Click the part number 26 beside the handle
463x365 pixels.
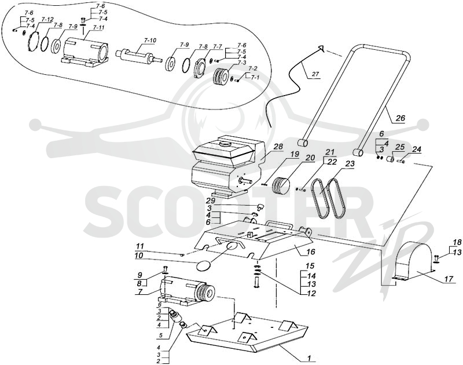click(400, 118)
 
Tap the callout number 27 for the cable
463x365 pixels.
click(315, 74)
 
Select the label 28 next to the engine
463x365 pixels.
click(278, 147)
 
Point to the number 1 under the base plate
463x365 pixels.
click(309, 358)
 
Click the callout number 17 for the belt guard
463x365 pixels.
click(448, 279)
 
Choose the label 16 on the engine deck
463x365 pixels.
click(311, 252)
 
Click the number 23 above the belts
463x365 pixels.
click(350, 163)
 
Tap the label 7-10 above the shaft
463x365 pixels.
click(151, 40)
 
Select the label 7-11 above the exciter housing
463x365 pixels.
click(98, 27)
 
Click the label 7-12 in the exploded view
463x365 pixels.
click(47, 20)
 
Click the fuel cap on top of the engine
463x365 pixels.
click(226, 144)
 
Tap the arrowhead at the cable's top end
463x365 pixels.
click(321, 49)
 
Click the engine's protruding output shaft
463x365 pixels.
click(244, 180)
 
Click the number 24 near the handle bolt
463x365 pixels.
click(416, 149)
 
